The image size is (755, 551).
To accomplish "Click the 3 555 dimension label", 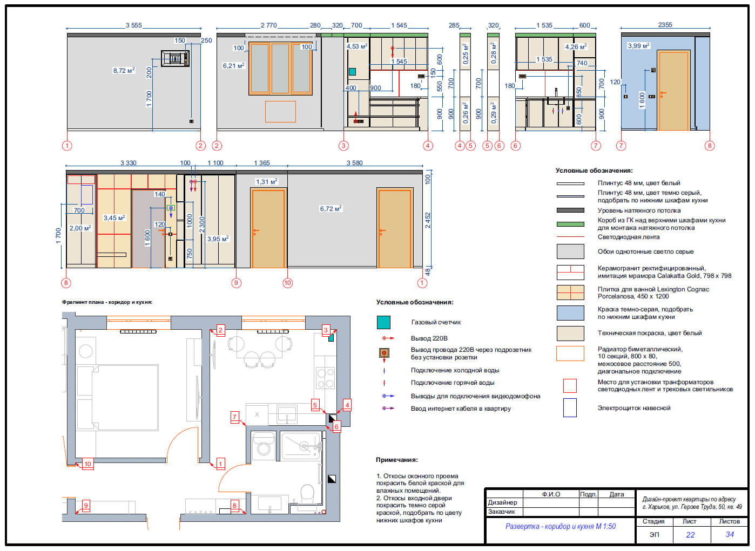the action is click(134, 25).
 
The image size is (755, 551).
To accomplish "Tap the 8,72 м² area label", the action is click(124, 70).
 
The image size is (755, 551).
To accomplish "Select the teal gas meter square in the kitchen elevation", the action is click(352, 72).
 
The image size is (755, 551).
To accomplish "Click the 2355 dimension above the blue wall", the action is click(665, 25).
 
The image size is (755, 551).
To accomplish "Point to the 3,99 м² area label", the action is click(638, 45).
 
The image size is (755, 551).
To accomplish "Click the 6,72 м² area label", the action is click(331, 208).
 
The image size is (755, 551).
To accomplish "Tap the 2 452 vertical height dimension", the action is click(428, 220).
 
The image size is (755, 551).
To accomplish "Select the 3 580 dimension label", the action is click(355, 163).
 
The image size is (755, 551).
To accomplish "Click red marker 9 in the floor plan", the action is click(86, 505).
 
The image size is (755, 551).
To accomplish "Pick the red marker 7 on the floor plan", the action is click(234, 417).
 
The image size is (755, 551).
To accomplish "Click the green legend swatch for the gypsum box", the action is click(570, 225).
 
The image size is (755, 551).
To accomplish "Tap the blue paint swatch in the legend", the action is click(570, 313).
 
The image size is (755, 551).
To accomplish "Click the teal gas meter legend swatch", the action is click(383, 322).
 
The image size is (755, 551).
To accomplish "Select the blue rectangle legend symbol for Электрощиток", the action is click(570, 407).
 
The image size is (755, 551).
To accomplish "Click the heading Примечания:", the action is click(397, 460).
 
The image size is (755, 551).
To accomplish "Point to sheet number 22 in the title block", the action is click(690, 535).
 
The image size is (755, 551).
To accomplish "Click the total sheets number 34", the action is click(730, 534).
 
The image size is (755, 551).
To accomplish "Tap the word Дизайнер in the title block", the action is click(503, 502).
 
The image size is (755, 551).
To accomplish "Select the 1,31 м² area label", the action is click(267, 181).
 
